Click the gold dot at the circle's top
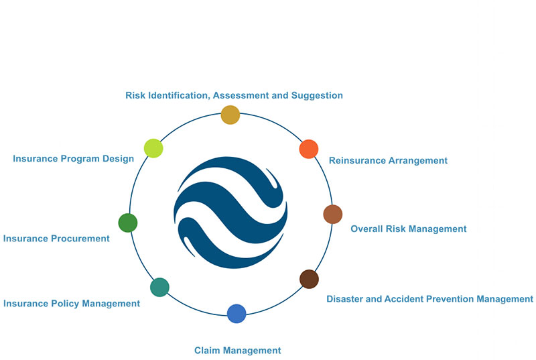[230, 115]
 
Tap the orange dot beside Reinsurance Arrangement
[308, 149]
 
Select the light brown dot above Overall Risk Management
[332, 214]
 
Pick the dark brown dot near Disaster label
[309, 279]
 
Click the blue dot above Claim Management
[237, 313]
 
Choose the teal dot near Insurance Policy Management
[159, 287]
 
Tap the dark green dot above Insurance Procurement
[128, 223]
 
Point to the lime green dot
[153, 148]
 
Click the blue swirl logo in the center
[230, 213]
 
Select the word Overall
[367, 229]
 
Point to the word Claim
[207, 350]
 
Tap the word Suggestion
[317, 95]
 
